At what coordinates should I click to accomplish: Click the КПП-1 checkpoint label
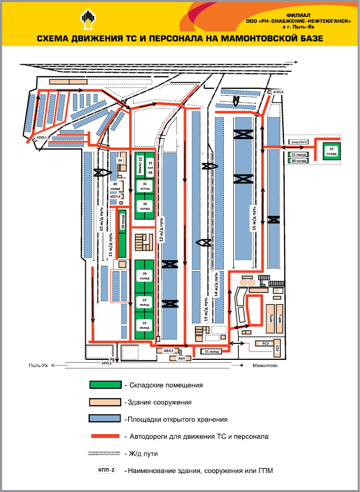(x=41, y=138)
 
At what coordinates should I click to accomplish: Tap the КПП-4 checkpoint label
(x=277, y=92)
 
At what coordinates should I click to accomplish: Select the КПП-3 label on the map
(x=115, y=197)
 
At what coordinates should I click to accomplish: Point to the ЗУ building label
(x=120, y=160)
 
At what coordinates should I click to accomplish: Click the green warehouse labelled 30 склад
(x=145, y=206)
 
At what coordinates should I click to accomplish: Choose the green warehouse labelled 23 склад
(x=145, y=302)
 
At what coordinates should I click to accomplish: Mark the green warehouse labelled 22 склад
(x=145, y=326)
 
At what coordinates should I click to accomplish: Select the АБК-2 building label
(x=168, y=351)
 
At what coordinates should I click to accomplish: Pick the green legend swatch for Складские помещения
(x=105, y=385)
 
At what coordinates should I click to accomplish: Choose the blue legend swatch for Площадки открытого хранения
(x=105, y=418)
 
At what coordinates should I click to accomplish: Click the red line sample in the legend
(x=105, y=436)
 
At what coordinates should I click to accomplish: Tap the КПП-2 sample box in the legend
(x=106, y=470)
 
